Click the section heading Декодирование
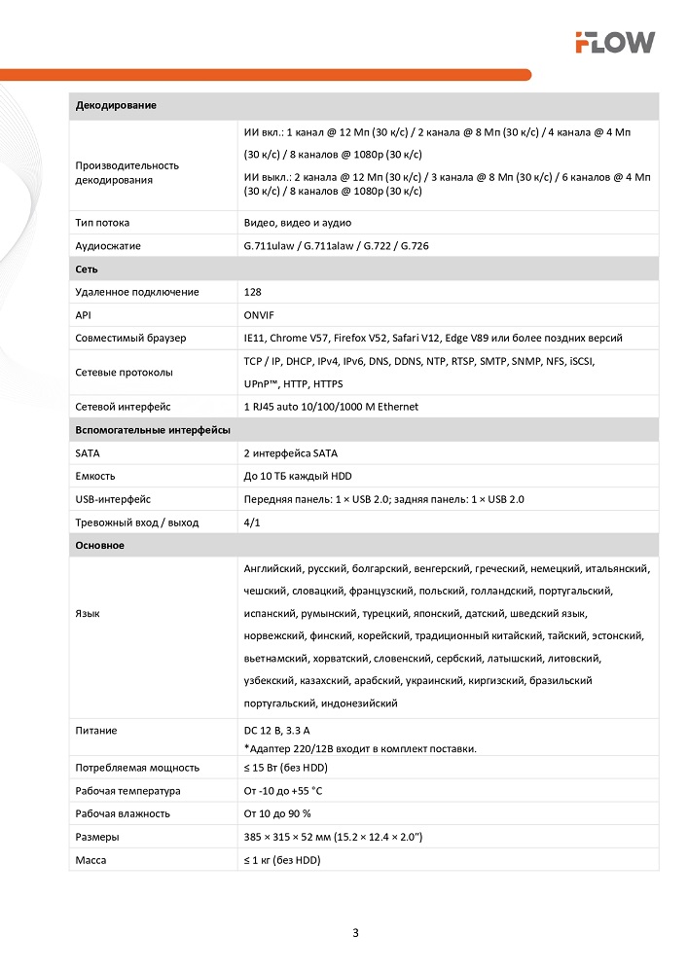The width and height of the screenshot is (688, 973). (x=116, y=105)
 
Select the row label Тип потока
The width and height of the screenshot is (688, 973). (x=102, y=223)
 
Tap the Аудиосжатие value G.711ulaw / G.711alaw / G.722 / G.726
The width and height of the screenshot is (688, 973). (x=336, y=246)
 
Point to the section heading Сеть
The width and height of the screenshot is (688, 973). (x=87, y=269)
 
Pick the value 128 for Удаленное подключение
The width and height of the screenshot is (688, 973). (x=253, y=292)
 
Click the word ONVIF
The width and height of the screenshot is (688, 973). (x=259, y=315)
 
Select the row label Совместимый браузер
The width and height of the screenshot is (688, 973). (x=130, y=338)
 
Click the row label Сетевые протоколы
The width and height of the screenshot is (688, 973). (x=124, y=372)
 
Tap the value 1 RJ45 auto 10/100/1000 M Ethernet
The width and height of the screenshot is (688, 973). (x=331, y=407)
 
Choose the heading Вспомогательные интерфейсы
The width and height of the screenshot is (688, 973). (x=153, y=429)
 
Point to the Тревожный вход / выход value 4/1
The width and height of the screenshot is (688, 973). (x=252, y=523)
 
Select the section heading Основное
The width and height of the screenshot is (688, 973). (x=100, y=546)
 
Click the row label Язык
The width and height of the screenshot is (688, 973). (x=87, y=614)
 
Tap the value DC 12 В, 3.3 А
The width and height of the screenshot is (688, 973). (x=276, y=730)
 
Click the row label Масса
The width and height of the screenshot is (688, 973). (x=91, y=860)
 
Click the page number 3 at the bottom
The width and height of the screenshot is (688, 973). (x=355, y=933)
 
